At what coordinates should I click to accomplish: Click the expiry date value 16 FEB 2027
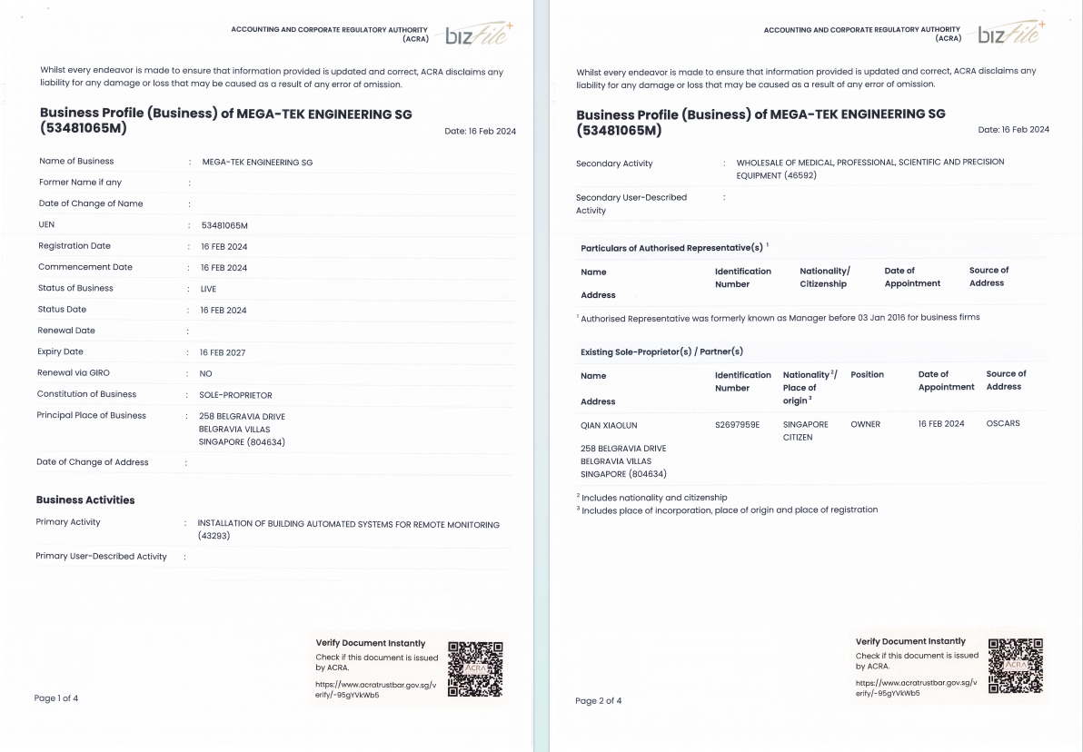tap(223, 352)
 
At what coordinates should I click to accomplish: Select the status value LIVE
tap(208, 289)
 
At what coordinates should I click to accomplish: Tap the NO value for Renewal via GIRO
tap(205, 373)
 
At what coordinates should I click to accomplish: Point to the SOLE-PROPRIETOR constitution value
tap(235, 395)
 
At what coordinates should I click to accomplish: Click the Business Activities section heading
tap(85, 500)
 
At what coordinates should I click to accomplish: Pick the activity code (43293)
tap(215, 537)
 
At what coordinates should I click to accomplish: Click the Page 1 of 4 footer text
tap(56, 698)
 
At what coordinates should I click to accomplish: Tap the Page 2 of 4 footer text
tap(599, 700)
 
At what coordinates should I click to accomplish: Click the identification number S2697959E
tap(737, 424)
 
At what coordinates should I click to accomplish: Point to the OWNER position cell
tap(865, 424)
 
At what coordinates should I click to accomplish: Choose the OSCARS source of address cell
tap(1003, 423)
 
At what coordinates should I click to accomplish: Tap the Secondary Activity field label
tap(614, 163)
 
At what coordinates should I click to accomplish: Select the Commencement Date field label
tap(85, 267)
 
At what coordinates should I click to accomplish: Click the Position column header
tap(867, 374)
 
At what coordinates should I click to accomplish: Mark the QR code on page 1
tap(475, 669)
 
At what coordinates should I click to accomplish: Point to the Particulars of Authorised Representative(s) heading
tap(671, 248)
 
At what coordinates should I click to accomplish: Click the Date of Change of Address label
tap(93, 462)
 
